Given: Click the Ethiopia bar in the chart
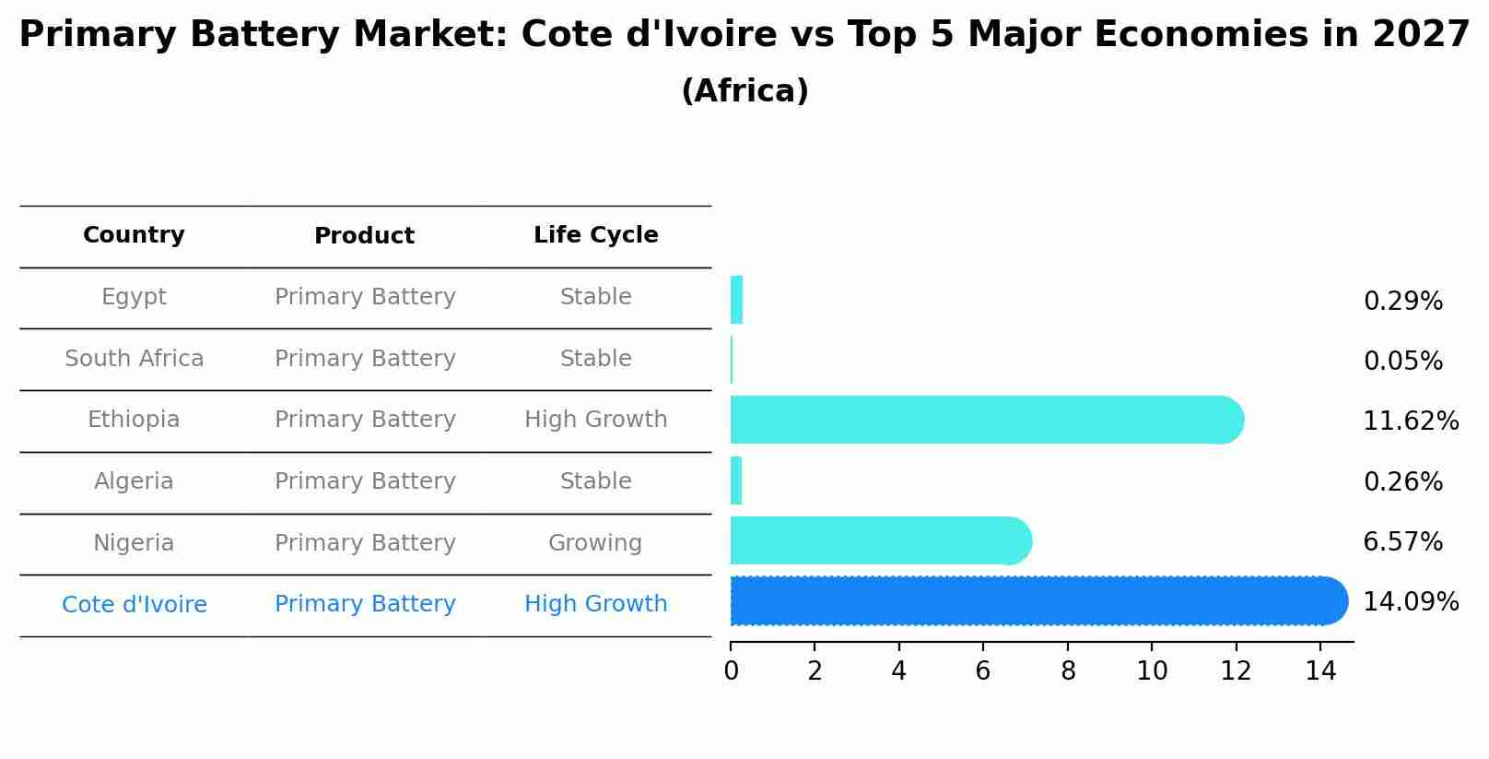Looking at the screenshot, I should point(986,420).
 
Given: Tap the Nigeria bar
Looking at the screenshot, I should point(880,540).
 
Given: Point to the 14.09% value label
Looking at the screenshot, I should point(1410,602).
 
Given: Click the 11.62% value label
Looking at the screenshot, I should point(1410,421).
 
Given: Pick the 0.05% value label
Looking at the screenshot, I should point(1402,362).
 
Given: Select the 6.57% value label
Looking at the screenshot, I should point(1402,542).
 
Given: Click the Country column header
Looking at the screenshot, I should point(134,235).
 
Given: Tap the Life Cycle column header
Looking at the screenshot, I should point(595,235).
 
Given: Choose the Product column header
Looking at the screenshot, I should point(364,236).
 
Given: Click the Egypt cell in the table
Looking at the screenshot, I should point(134,297).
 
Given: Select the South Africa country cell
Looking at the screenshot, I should point(134,359).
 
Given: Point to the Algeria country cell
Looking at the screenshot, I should point(134,481).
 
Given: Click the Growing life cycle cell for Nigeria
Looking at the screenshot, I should point(595,543).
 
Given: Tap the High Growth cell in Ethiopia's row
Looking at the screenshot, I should point(595,420).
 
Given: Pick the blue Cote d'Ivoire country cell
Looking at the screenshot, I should point(134,605).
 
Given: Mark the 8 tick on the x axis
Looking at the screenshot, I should point(1068,671).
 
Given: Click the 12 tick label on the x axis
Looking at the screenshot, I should point(1236,671).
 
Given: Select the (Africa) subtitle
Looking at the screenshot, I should point(744,91).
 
